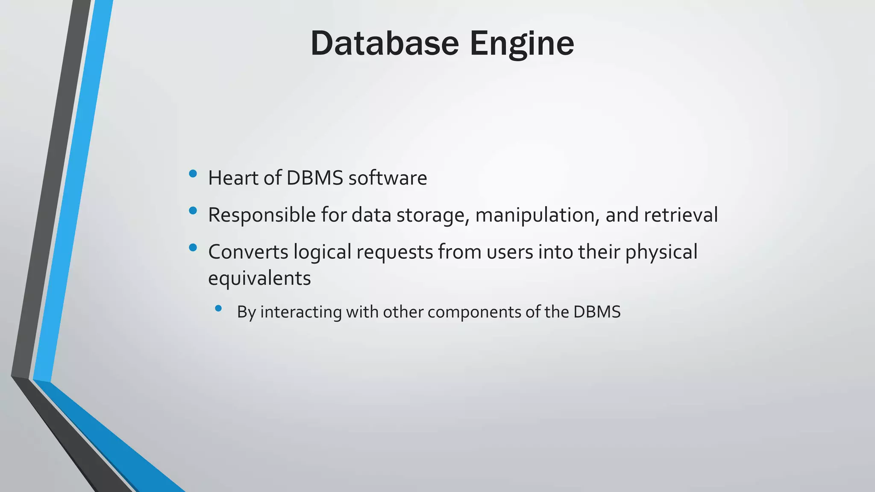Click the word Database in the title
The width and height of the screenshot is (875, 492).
point(385,44)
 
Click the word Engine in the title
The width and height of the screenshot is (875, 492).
point(522,44)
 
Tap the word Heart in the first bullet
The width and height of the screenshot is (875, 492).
point(233,178)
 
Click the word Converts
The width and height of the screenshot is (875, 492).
point(248,252)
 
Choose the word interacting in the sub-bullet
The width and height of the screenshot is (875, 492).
point(301,312)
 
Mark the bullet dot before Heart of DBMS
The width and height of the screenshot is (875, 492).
point(193,173)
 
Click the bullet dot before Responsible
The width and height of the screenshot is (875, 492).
point(193,211)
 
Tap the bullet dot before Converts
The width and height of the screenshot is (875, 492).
point(193,247)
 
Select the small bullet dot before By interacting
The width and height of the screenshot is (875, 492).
point(219,308)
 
